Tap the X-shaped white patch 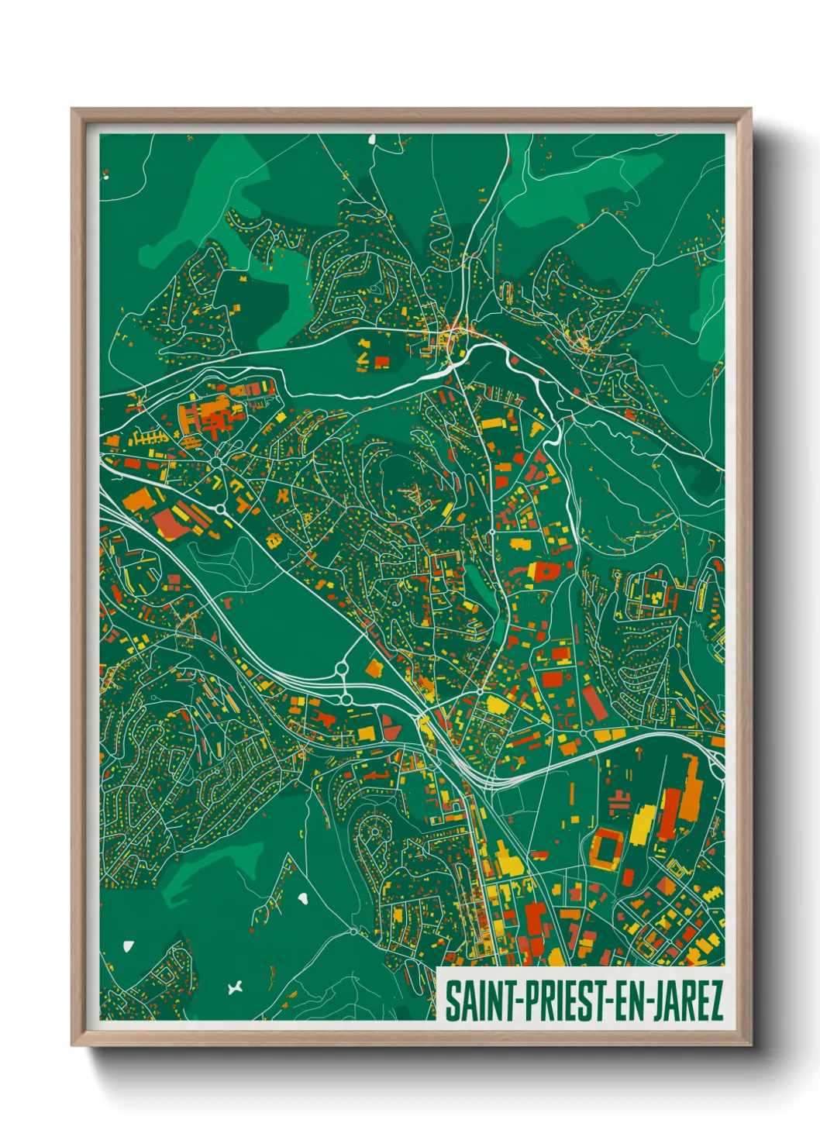pos(236,987)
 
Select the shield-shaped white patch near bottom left pos(128,946)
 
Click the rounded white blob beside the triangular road pos(304,898)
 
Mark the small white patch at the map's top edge pos(371,140)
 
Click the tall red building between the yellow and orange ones pos(669,814)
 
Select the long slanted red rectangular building pos(593,702)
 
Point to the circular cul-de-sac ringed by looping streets pos(374,832)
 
